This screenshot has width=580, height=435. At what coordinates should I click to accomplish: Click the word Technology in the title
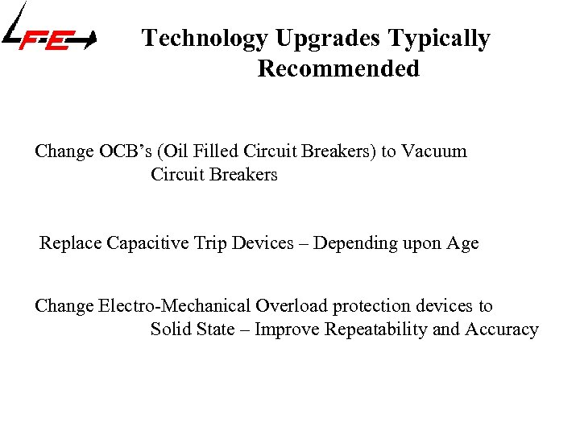tap(205, 39)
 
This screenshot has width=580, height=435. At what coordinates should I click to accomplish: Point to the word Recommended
tap(338, 68)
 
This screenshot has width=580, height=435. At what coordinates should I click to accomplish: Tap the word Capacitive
tap(148, 243)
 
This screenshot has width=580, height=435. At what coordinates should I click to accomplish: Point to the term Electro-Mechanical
tap(174, 306)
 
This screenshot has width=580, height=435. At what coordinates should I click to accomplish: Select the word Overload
tap(292, 306)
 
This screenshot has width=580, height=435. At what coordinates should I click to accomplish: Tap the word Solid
tap(172, 329)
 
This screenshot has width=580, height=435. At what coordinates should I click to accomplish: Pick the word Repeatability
tap(373, 330)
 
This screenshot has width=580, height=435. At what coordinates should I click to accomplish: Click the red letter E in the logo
tap(56, 39)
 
